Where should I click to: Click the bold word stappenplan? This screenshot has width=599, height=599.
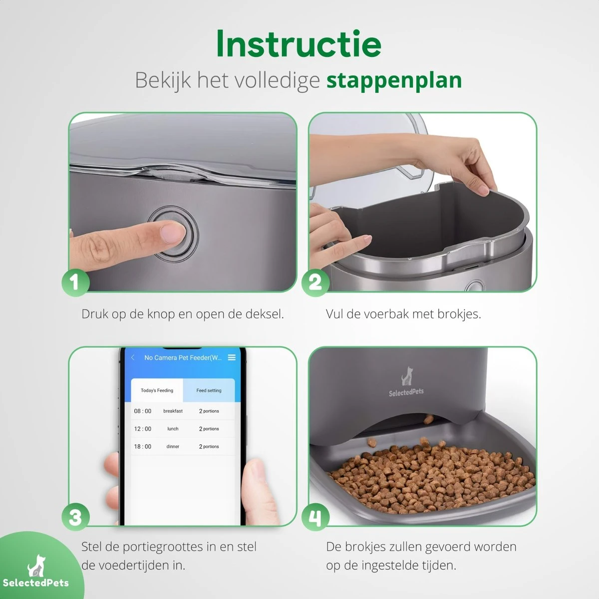(x=394, y=80)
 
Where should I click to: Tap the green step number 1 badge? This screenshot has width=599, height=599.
(x=75, y=283)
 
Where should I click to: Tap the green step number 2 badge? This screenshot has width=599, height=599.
(x=315, y=283)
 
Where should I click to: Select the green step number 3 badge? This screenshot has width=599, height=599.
(x=75, y=517)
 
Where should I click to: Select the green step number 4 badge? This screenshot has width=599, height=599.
(x=315, y=517)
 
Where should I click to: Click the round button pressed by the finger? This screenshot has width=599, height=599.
(x=175, y=234)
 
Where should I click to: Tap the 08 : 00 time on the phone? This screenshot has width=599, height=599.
(x=143, y=411)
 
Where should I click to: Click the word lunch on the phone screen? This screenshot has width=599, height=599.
(x=173, y=429)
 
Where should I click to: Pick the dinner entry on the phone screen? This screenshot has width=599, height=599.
(x=173, y=447)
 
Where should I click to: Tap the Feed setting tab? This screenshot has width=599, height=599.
(x=209, y=390)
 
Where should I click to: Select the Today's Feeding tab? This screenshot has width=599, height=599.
(x=157, y=390)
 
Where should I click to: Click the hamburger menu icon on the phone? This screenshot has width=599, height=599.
(x=231, y=357)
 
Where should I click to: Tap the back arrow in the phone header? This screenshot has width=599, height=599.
(x=133, y=357)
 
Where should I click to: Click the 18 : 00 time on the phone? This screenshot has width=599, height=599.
(x=143, y=447)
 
